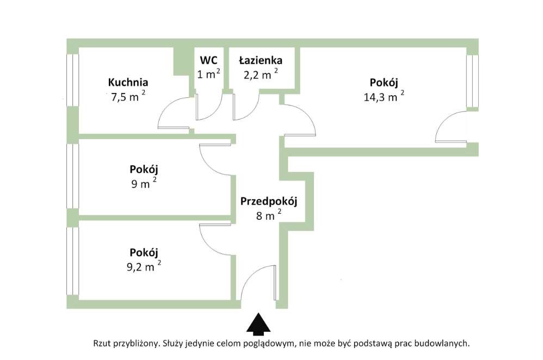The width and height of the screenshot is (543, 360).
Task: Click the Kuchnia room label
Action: pos(128,83)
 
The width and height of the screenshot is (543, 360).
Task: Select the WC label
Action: pos(208,60)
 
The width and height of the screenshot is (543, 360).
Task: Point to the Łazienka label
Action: pos(260,60)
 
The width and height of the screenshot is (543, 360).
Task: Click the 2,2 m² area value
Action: pos(259,75)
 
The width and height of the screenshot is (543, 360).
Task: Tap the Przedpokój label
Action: pos(268,201)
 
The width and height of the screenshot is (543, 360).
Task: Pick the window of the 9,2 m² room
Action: pos(70,261)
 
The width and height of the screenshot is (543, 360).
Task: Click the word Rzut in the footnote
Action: pos(103,343)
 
